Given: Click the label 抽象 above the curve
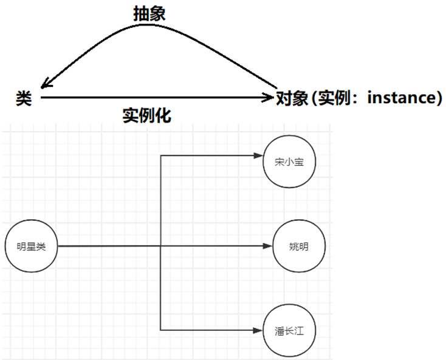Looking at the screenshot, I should (x=149, y=14).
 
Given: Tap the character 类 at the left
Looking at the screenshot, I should (x=24, y=98).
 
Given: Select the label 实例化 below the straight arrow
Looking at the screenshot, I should (x=146, y=115).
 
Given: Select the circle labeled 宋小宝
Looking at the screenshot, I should (x=289, y=162).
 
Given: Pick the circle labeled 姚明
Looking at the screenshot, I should (x=298, y=246).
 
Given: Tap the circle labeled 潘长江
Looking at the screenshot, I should (x=289, y=330).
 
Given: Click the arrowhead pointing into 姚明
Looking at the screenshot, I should (x=268, y=246).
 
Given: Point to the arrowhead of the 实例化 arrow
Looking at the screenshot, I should (x=270, y=97).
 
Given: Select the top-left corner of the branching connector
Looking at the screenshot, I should (x=160, y=156).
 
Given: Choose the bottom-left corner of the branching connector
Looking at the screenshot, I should (x=160, y=330).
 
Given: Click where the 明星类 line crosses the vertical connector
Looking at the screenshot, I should (x=160, y=246).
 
